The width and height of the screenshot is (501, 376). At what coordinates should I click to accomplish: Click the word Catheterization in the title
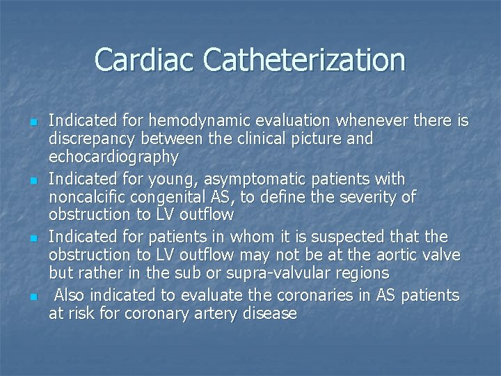[x=304, y=60]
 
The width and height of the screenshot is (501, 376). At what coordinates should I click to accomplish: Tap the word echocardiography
[x=113, y=157]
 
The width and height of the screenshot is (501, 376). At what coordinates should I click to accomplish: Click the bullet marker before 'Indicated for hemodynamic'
[x=33, y=123]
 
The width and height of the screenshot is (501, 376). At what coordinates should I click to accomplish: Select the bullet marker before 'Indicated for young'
[x=33, y=181]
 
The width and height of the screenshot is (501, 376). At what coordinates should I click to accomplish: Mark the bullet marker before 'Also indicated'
[x=33, y=297]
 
